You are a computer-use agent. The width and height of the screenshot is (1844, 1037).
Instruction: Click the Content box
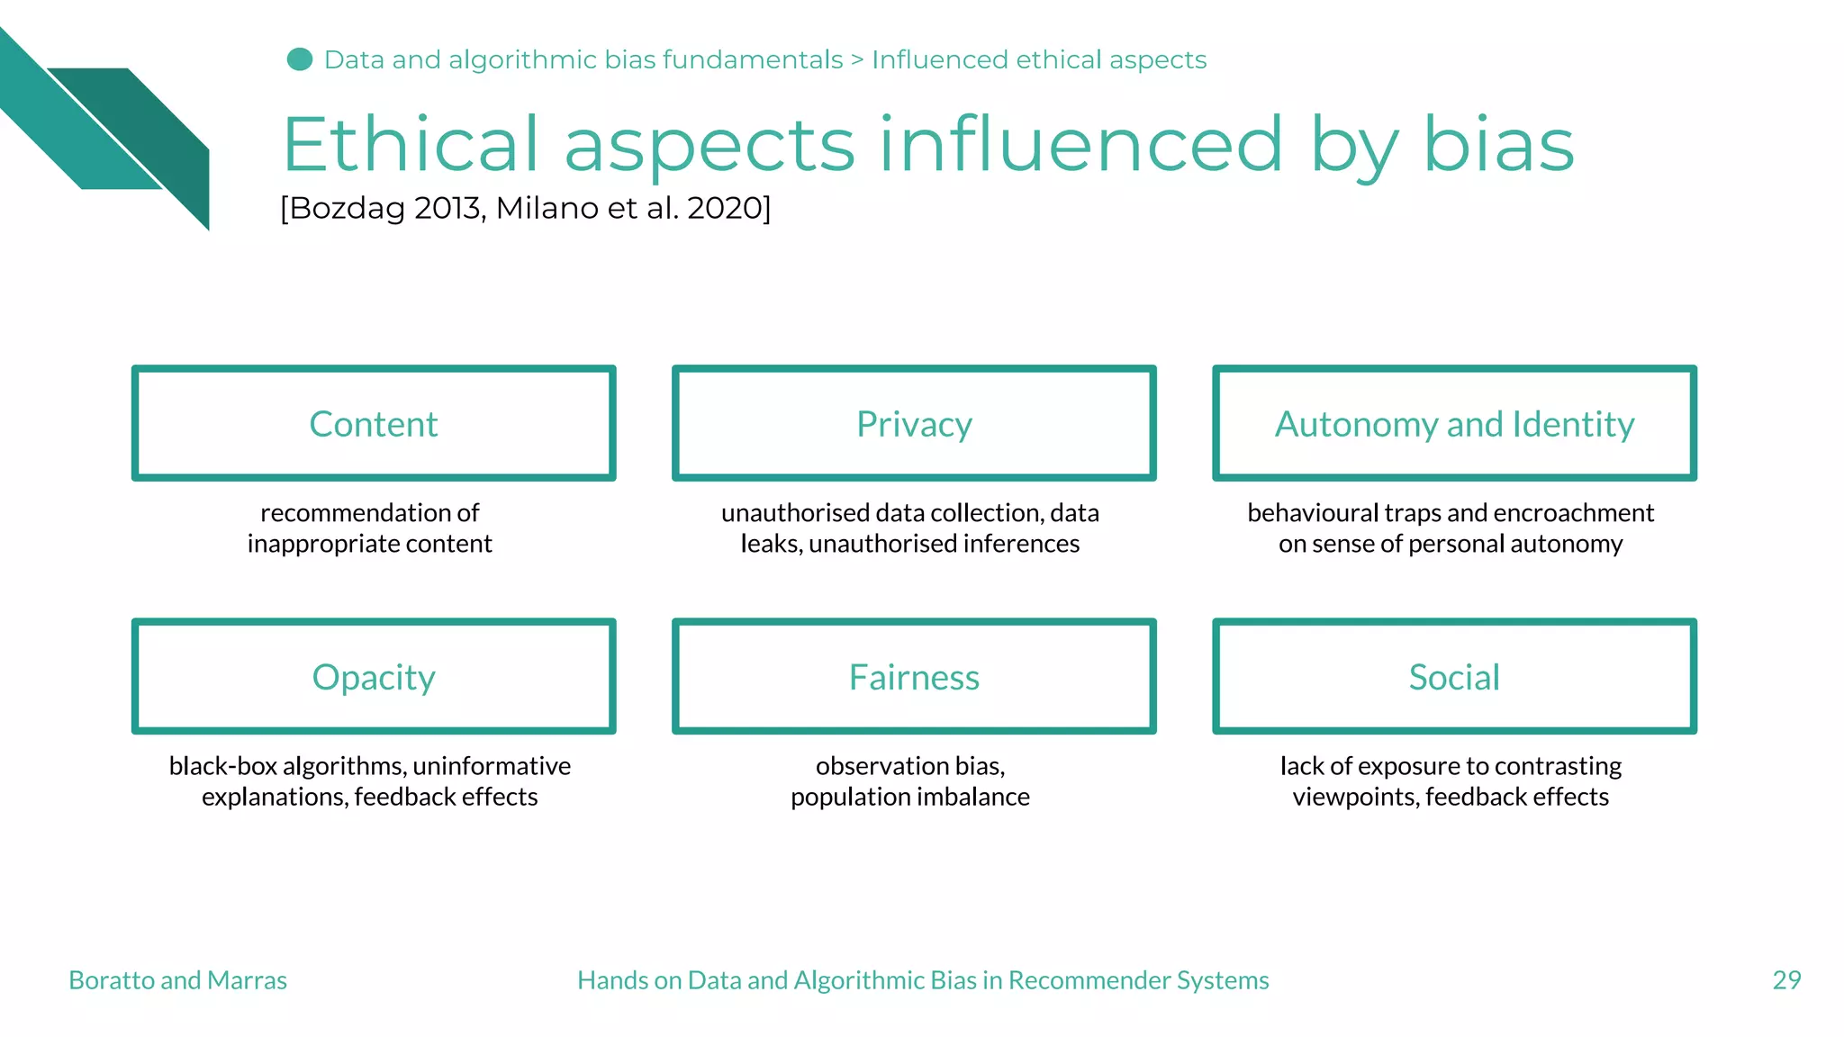point(374,424)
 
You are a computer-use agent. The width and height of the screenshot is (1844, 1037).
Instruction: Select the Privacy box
point(914,424)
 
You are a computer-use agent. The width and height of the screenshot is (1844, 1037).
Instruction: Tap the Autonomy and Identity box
point(1454,424)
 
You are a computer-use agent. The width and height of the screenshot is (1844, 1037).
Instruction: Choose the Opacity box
point(374,677)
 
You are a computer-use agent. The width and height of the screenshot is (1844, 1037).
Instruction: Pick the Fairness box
point(914,677)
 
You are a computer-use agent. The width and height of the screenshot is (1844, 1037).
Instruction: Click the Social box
point(1454,677)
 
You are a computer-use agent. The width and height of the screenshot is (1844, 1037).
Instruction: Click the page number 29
point(1786,980)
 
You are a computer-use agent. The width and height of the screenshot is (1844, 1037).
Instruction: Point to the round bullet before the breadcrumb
point(300,59)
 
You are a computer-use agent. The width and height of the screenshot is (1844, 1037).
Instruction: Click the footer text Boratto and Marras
point(177,980)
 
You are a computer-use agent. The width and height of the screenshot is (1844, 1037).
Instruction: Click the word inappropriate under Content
point(323,544)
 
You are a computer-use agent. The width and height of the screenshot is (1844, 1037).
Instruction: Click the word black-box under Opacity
point(223,766)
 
